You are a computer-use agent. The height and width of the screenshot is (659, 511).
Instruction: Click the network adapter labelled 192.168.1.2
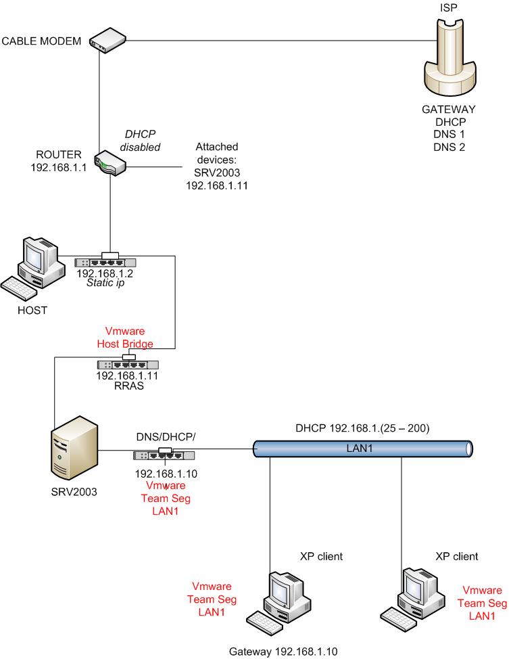click(105, 262)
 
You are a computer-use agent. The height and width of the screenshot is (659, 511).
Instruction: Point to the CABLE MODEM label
click(41, 41)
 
